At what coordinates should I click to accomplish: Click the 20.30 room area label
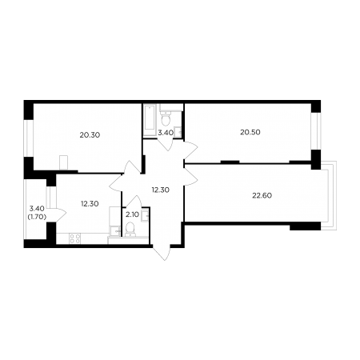[90, 135]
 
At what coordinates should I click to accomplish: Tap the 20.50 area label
[250, 132]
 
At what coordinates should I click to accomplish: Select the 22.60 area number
[262, 196]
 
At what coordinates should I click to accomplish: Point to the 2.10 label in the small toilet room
[132, 214]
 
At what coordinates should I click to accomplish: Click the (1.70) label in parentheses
[37, 218]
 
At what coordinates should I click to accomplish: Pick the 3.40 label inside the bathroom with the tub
[166, 133]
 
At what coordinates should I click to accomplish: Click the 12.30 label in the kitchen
[90, 204]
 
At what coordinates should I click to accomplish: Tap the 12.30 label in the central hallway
[161, 190]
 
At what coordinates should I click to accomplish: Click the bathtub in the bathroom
[150, 120]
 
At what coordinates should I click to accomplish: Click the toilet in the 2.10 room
[130, 230]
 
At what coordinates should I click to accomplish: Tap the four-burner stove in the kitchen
[74, 238]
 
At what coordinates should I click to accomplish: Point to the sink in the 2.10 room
[145, 215]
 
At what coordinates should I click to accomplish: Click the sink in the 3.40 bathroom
[178, 133]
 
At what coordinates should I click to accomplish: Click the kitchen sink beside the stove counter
[115, 230]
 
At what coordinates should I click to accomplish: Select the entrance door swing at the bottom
[162, 252]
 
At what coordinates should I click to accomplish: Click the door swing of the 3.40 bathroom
[166, 145]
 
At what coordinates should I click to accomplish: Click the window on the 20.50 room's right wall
[316, 131]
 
